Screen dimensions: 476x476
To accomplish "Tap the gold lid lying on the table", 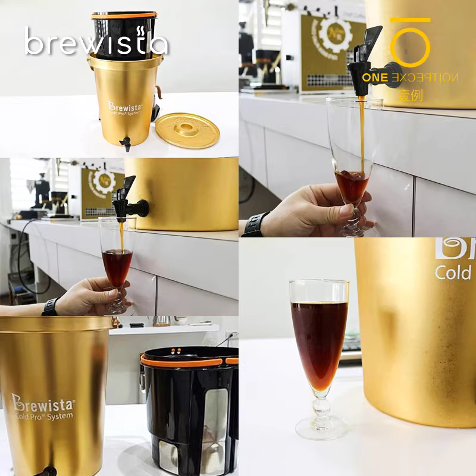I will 187,130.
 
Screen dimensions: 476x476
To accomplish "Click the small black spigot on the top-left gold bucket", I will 126,143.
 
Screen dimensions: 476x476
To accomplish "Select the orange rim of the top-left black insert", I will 124,15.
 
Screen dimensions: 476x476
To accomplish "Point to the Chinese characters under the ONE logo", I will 411,95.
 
